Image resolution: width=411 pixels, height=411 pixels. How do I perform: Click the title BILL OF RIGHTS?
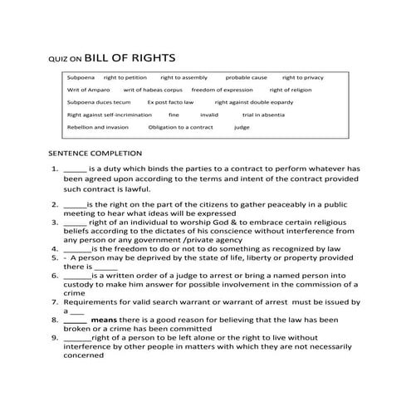pos(130,58)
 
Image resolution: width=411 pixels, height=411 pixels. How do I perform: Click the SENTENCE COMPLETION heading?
pos(95,154)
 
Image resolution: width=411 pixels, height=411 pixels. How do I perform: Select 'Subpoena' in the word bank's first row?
pos(81,76)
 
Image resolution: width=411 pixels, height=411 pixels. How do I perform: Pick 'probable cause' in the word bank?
pos(246,76)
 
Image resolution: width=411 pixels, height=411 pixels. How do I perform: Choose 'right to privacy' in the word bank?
pos(303,76)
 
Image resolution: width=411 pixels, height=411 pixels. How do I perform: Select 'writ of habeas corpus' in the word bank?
pos(153,89)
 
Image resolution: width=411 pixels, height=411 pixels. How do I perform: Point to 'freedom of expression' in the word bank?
pos(222,89)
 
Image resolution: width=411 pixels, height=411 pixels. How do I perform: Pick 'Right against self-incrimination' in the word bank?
pos(111,115)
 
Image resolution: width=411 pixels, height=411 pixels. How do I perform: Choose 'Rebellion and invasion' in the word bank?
pos(98,127)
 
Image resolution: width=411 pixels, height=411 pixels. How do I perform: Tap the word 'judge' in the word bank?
pos(242,127)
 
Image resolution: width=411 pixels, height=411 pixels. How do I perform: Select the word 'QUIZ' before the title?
pos(58,60)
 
